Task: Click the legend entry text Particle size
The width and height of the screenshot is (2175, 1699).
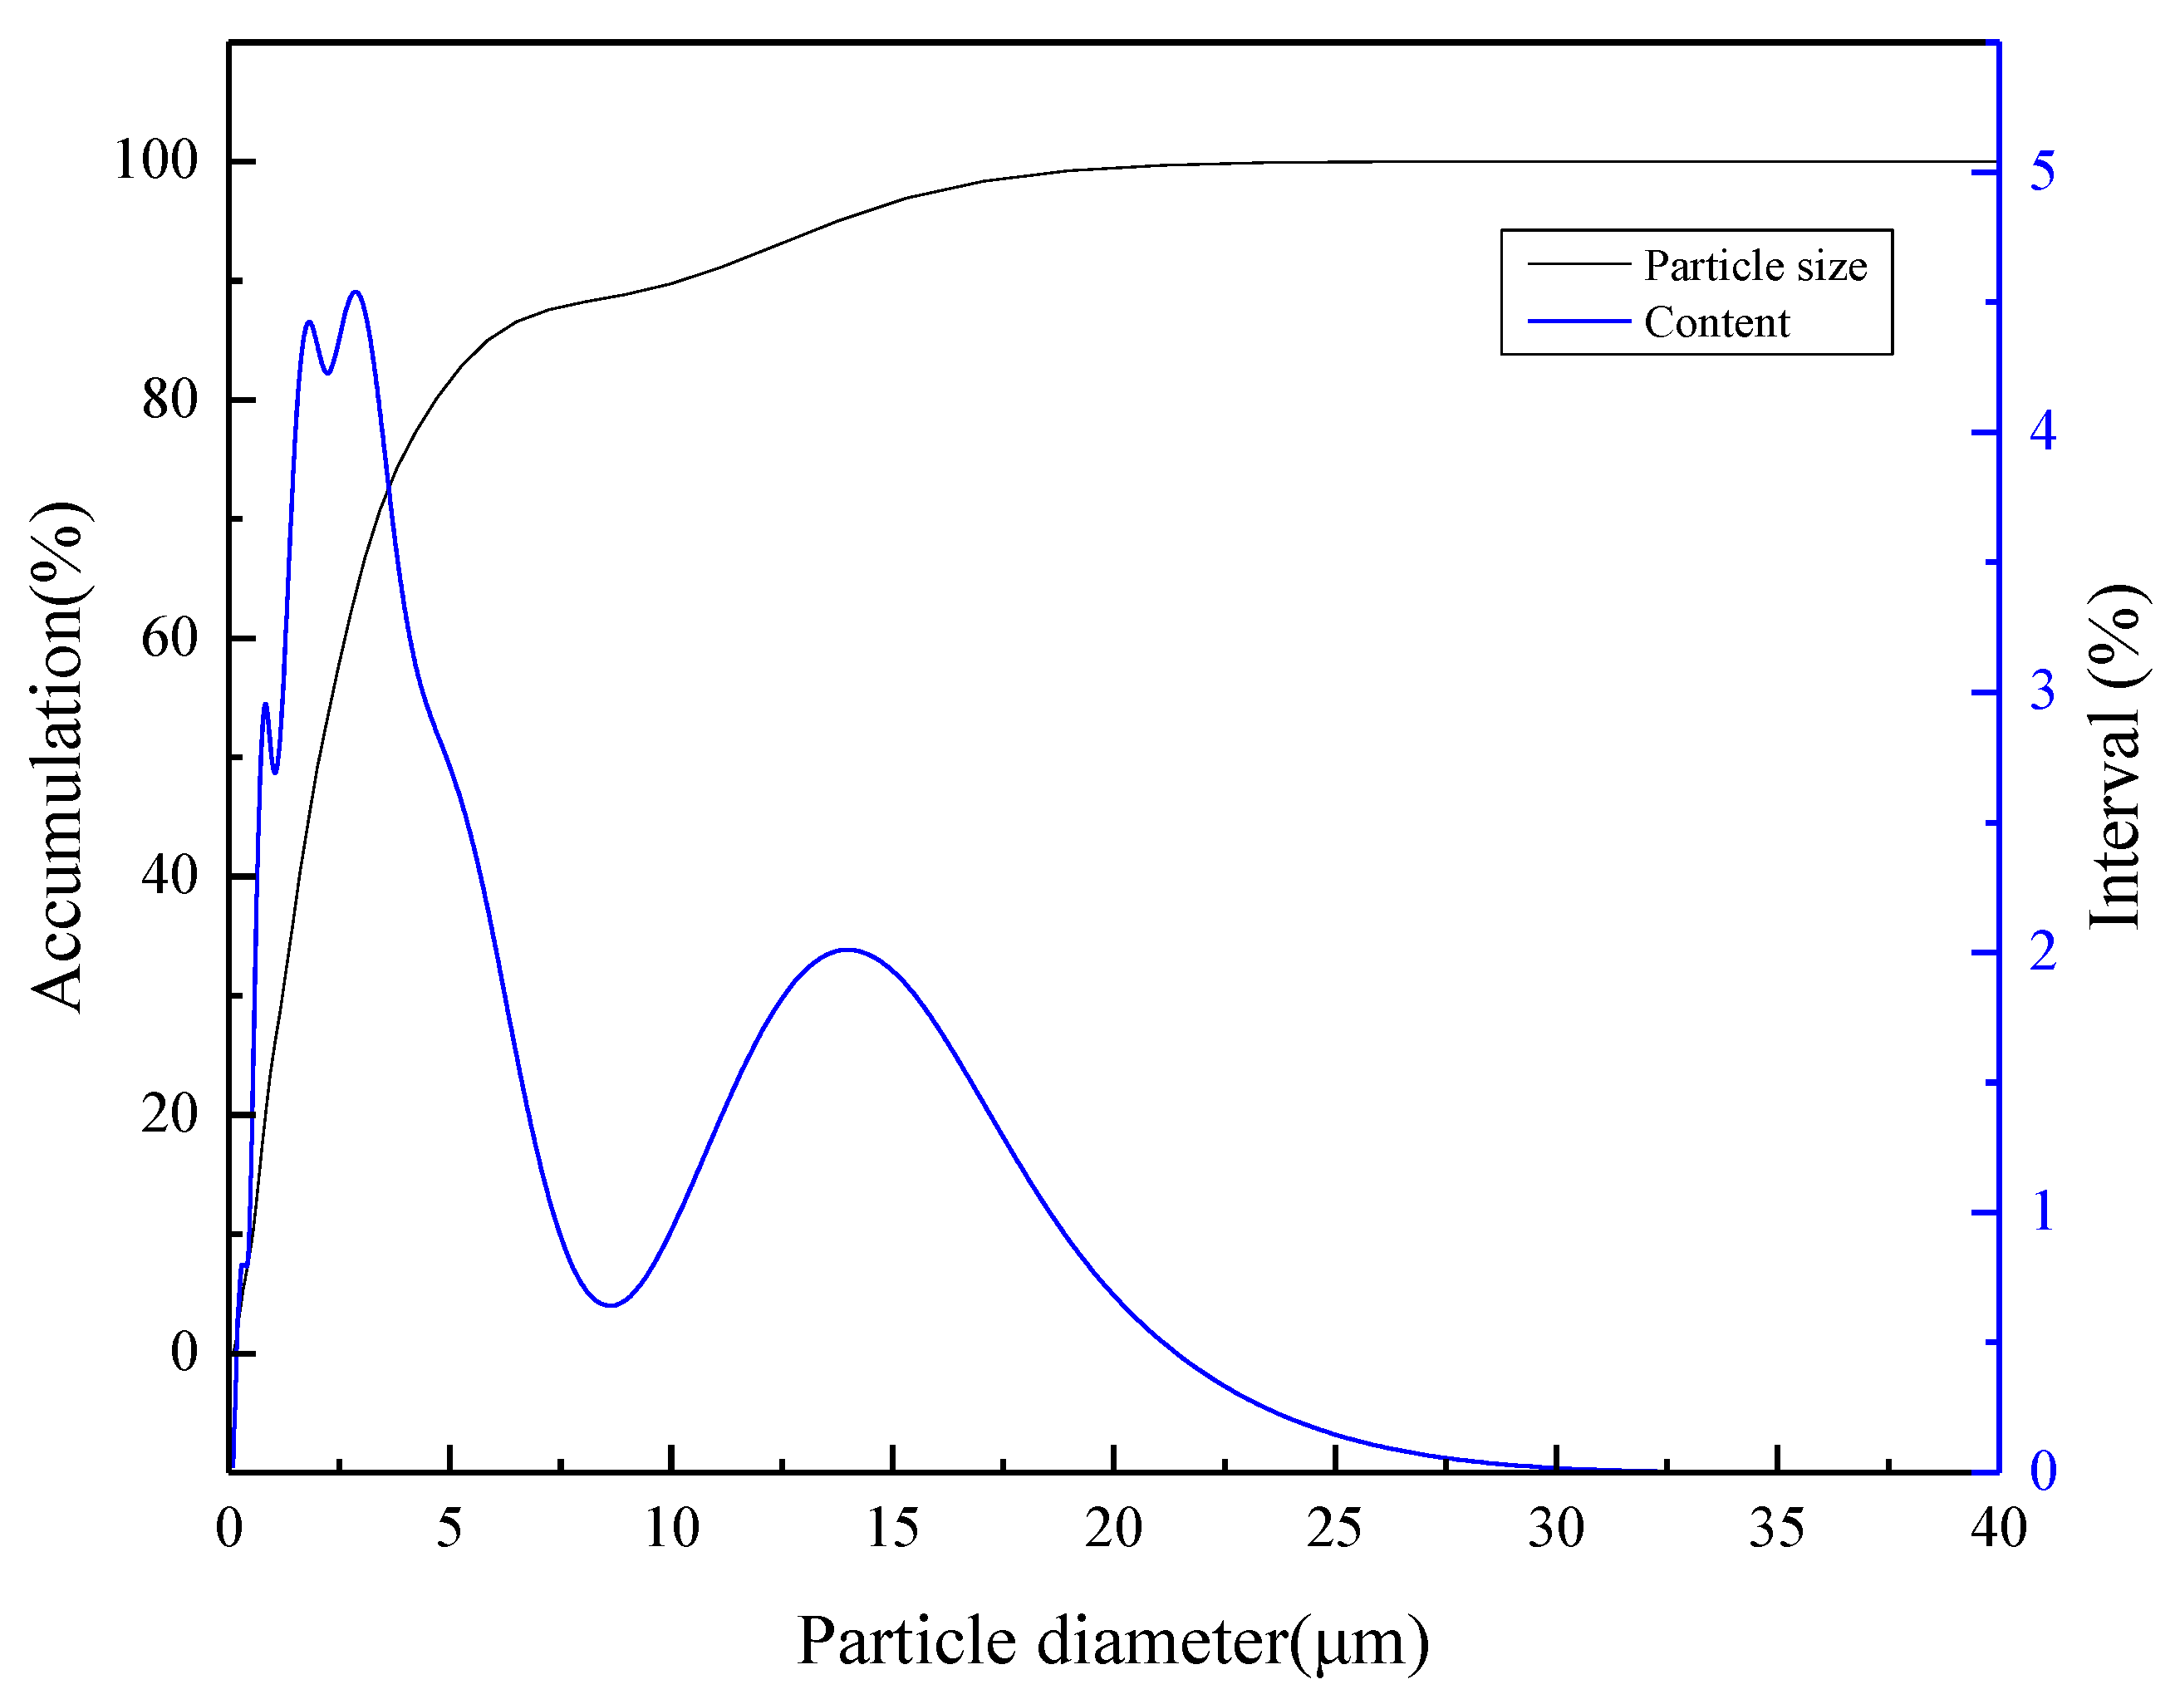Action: click(1755, 266)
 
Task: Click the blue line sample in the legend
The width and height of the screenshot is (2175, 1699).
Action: click(1578, 322)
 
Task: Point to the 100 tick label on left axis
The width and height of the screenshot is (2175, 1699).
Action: click(156, 160)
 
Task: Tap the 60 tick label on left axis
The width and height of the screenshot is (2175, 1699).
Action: click(169, 637)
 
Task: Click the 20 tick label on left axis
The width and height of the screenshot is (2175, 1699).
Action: click(169, 1113)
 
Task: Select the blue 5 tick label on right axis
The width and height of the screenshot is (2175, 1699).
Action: click(2041, 171)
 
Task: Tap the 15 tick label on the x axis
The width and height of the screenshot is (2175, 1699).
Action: click(891, 1528)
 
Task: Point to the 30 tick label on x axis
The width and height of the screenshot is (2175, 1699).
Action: click(1555, 1528)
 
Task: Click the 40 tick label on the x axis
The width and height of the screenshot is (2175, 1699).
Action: click(1998, 1528)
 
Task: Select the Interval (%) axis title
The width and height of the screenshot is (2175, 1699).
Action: click(2114, 757)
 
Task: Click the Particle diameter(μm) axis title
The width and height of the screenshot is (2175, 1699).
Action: click(1112, 1641)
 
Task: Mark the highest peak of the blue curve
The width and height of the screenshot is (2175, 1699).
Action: click(356, 292)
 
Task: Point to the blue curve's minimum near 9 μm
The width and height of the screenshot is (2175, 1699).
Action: click(611, 1304)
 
